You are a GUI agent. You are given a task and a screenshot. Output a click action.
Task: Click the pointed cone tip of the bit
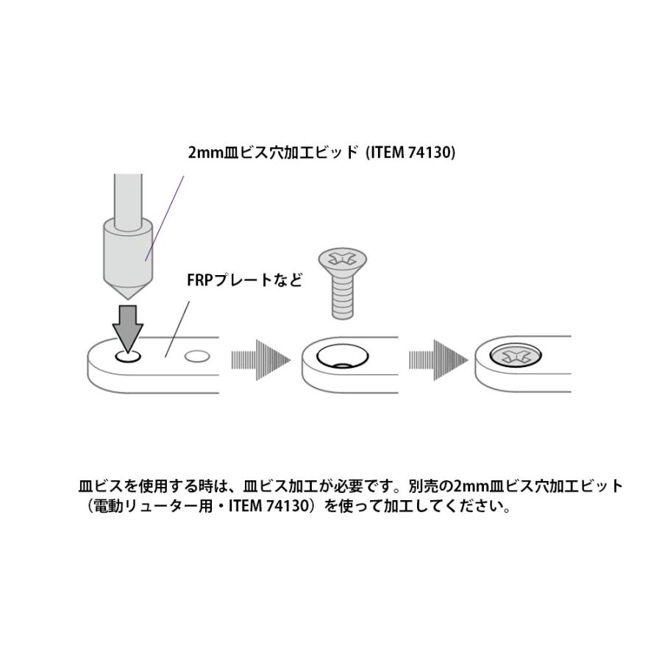pos(128,299)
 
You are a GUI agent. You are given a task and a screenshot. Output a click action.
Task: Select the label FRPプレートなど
pos(244,280)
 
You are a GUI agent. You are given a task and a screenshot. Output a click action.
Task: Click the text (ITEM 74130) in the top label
pos(410,152)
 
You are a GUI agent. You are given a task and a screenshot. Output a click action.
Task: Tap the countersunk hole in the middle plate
pos(342,357)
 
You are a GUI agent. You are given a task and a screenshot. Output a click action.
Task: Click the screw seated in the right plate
pos(516,356)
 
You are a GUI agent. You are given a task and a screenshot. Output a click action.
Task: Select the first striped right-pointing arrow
pos(261,360)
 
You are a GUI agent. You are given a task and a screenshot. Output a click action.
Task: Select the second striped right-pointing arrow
pos(438,360)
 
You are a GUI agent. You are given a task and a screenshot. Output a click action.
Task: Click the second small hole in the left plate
pos(197,357)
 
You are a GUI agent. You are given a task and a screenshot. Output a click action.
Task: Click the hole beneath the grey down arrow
pos(128,357)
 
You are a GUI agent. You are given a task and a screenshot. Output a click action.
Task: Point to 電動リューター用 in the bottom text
pos(153,506)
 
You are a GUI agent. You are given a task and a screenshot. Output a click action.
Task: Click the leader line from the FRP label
pos(177,330)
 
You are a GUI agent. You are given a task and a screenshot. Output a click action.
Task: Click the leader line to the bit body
pos(165,218)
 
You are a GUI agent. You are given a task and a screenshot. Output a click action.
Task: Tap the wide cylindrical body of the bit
pos(128,252)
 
